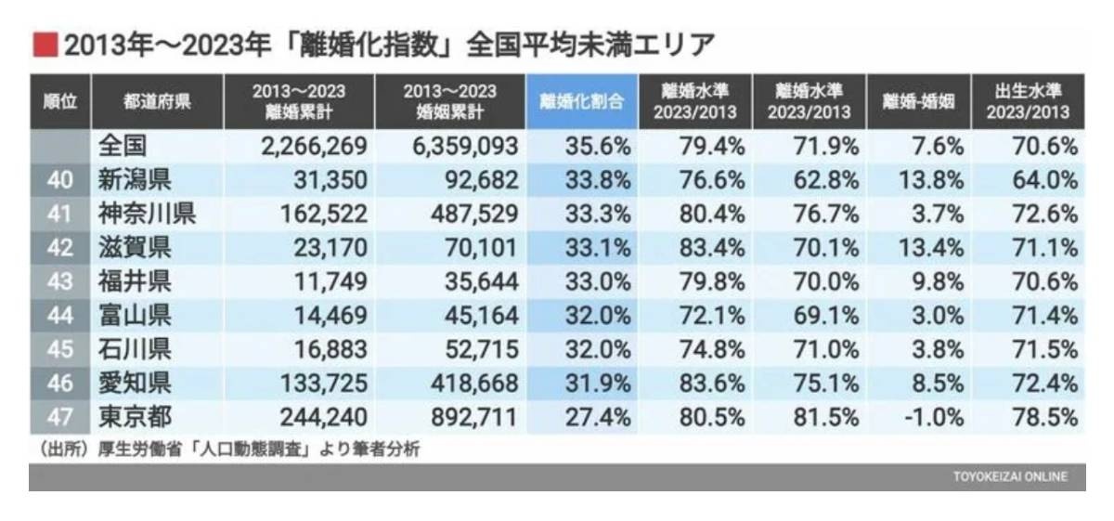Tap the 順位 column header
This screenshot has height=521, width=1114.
click(x=60, y=101)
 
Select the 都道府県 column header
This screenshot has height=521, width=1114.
click(x=157, y=101)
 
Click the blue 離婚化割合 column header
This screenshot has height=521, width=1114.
click(x=582, y=101)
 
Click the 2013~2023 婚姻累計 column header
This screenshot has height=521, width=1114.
click(x=449, y=101)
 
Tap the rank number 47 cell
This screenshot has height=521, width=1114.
click(x=60, y=417)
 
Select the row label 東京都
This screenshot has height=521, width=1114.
click(x=135, y=417)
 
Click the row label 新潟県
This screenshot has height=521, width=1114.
click(x=135, y=180)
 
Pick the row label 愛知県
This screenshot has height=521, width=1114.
click(x=135, y=384)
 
